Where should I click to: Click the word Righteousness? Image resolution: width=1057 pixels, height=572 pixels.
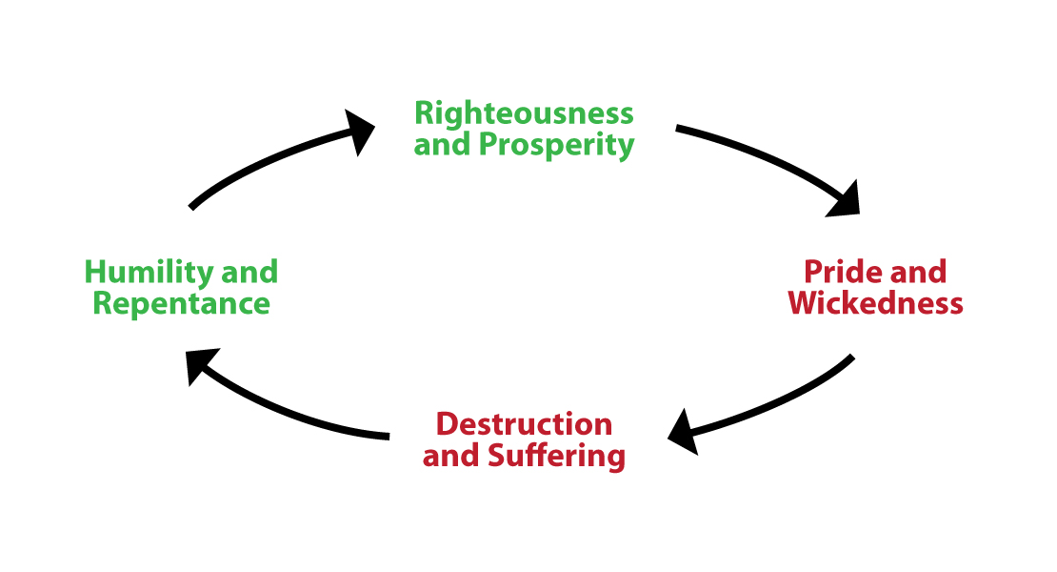tap(524, 113)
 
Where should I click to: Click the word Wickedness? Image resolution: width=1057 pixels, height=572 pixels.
tap(875, 303)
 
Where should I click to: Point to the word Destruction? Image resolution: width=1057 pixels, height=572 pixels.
tap(524, 423)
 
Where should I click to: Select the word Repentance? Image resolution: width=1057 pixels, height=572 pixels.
tap(181, 303)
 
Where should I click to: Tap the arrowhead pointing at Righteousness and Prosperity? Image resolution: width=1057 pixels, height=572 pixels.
tap(360, 132)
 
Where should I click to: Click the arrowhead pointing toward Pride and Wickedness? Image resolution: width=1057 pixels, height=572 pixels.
tap(844, 199)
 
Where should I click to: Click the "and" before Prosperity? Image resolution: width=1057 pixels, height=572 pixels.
tap(443, 145)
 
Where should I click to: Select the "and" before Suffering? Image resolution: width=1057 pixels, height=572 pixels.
tap(451, 456)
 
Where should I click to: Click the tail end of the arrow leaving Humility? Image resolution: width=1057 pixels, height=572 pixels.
tap(192, 206)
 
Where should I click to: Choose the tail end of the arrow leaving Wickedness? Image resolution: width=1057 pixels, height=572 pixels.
tap(850, 358)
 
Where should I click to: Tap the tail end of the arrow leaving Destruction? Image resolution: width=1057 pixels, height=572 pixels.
tap(388, 436)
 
